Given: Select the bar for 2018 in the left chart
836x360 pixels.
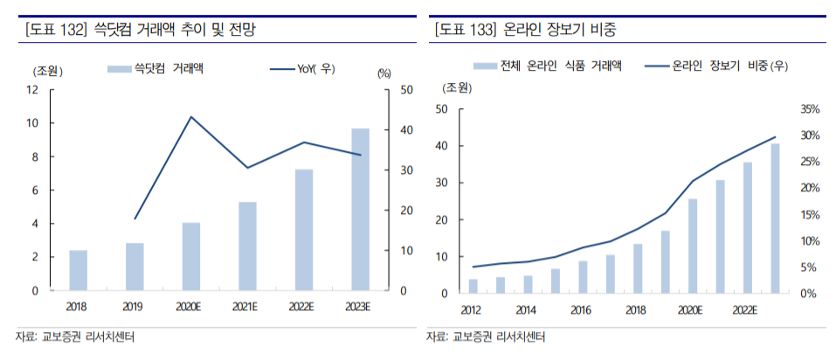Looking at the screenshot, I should (79, 270).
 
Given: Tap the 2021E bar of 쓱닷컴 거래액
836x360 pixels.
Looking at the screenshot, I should (247, 246).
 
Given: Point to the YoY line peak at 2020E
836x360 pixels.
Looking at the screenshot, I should (191, 117).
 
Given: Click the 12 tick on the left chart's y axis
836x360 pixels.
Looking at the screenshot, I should (32, 90).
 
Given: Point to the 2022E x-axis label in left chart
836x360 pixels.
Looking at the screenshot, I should (303, 307).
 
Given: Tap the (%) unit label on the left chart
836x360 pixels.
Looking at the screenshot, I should (384, 73).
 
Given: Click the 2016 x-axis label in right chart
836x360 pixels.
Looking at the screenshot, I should (582, 309).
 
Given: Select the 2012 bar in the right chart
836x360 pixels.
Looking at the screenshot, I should (473, 287).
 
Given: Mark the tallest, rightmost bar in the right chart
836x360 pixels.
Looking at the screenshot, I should (775, 218).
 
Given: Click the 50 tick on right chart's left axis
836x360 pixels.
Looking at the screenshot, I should (440, 109).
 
